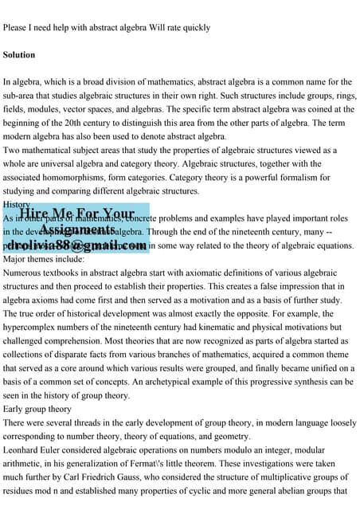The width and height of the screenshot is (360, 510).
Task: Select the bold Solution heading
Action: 19,56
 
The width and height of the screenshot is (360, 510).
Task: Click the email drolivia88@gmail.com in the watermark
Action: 75,246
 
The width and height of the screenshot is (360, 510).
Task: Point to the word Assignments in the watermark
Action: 76,230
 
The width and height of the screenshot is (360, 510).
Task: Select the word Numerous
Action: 25,273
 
